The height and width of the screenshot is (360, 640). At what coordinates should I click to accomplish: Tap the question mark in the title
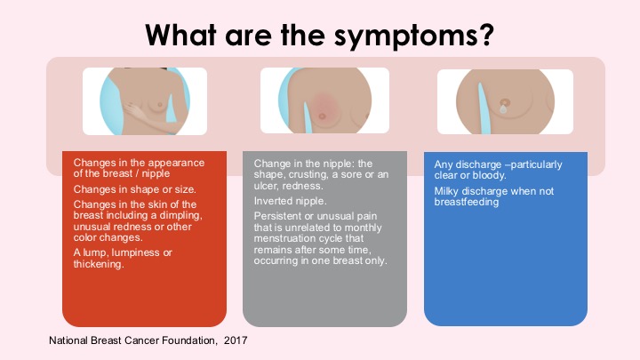(x=485, y=35)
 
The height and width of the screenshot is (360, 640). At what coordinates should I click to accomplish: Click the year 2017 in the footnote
(x=236, y=340)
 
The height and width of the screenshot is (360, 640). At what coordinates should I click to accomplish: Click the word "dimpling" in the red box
(x=182, y=215)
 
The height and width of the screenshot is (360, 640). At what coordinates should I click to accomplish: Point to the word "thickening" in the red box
(x=99, y=264)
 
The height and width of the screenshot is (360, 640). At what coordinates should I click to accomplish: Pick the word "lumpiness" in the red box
(x=136, y=253)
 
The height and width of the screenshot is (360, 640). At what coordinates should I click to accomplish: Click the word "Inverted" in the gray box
(x=271, y=201)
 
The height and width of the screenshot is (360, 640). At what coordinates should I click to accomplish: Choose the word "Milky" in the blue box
(x=446, y=191)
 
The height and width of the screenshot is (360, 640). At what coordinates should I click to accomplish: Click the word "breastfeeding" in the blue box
(x=467, y=202)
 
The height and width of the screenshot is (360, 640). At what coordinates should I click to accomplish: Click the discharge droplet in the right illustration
(x=503, y=109)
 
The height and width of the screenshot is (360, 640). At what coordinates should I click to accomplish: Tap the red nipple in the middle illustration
(x=322, y=116)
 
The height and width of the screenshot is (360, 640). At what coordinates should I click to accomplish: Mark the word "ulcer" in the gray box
(x=266, y=186)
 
